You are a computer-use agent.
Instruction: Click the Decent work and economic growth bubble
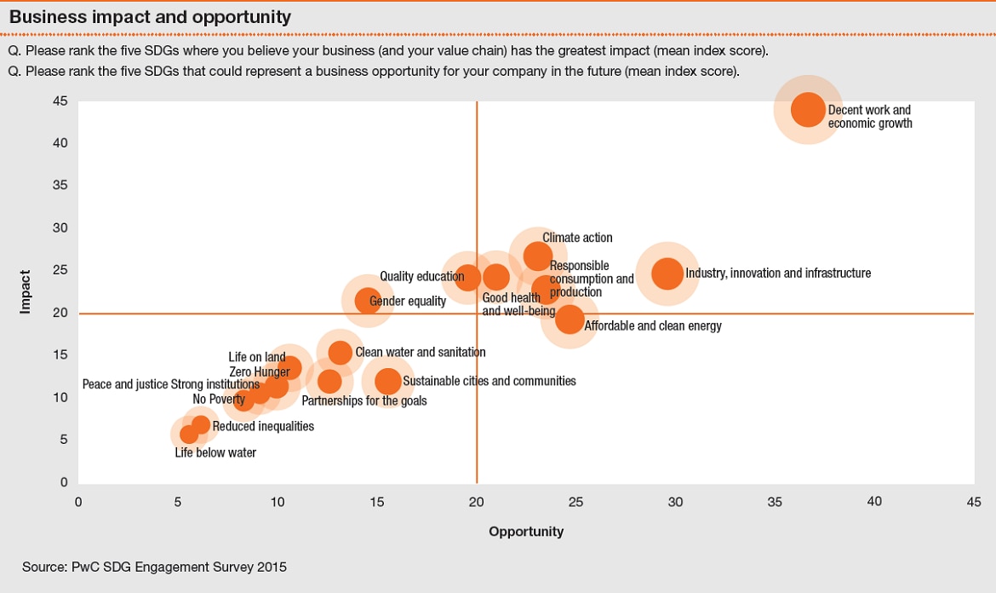(x=808, y=109)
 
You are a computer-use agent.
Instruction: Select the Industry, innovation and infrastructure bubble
(x=668, y=273)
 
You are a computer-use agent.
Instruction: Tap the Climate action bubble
(x=537, y=255)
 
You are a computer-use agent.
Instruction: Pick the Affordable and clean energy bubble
(x=570, y=320)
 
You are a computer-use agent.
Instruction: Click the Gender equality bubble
(x=367, y=300)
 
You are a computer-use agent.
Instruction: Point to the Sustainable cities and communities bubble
(x=387, y=381)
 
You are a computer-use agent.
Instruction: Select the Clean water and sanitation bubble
(x=340, y=353)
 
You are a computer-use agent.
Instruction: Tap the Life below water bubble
(x=189, y=435)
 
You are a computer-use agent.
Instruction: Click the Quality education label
(x=421, y=276)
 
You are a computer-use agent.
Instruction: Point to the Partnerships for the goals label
(x=364, y=400)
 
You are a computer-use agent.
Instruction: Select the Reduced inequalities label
(x=263, y=426)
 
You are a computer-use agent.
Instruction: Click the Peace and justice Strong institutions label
(x=170, y=385)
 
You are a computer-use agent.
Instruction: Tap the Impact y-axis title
(x=26, y=291)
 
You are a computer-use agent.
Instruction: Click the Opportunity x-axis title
(x=526, y=532)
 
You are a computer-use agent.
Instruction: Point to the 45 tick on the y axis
(x=60, y=101)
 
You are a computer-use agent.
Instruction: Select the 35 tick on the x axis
(x=775, y=502)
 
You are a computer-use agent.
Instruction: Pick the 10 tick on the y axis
(x=60, y=398)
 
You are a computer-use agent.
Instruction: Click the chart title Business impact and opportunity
(x=150, y=17)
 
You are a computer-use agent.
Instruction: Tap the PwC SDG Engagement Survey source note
(x=154, y=567)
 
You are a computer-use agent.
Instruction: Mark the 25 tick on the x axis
(x=575, y=502)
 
